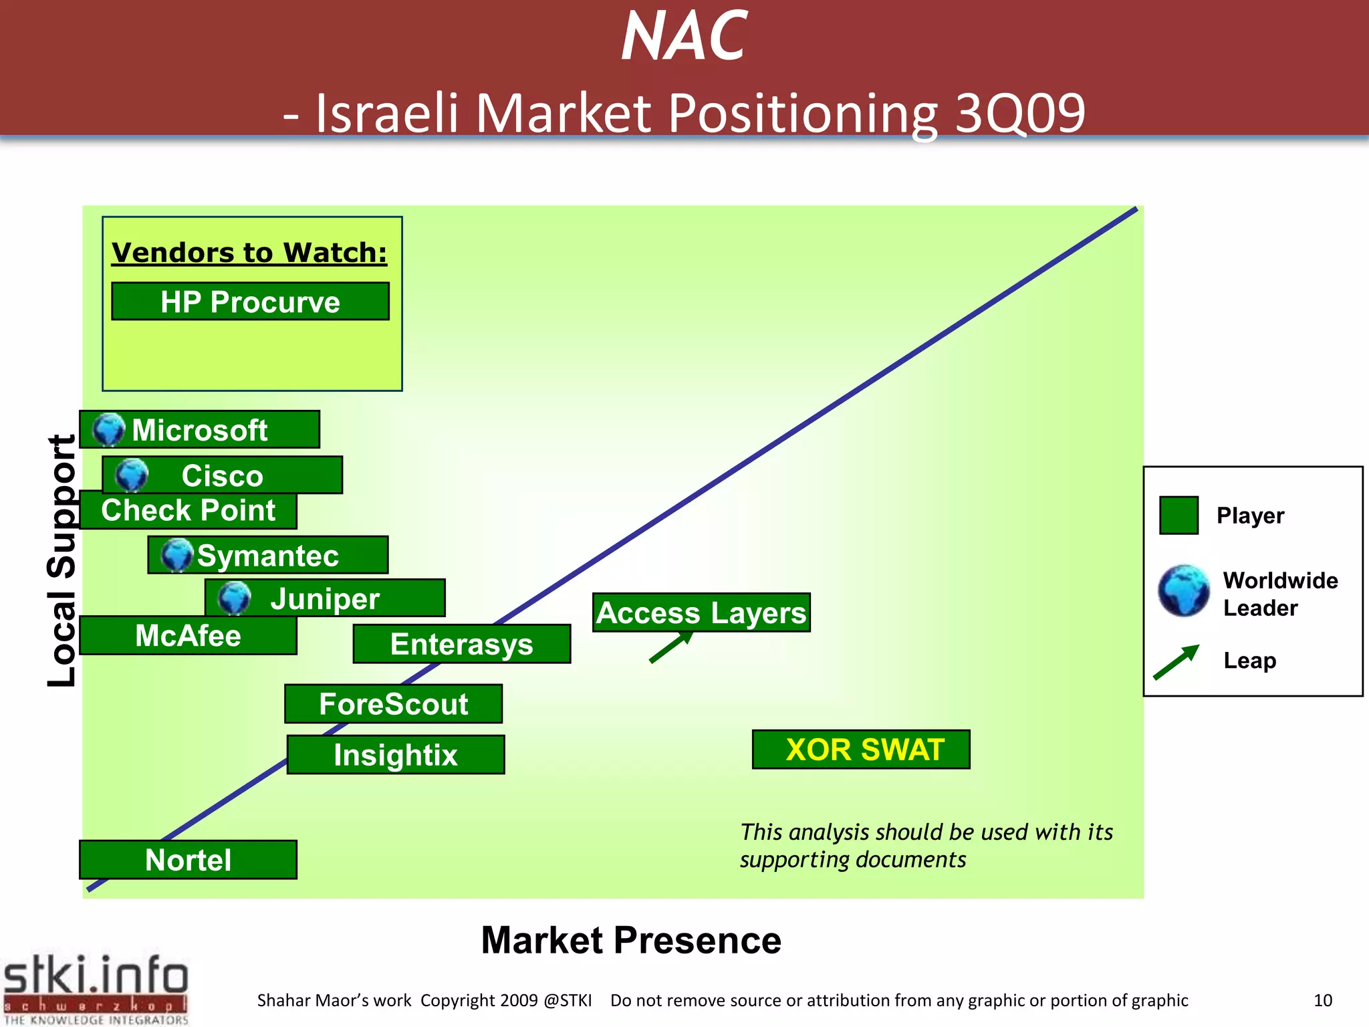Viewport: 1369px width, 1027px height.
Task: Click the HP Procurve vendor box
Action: [x=250, y=302]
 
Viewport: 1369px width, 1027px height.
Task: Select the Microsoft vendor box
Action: [x=199, y=430]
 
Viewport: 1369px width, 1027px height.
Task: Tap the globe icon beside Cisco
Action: [x=132, y=475]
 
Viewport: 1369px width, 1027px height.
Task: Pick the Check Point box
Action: [x=188, y=511]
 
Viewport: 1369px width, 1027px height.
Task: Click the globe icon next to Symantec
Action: [x=177, y=555]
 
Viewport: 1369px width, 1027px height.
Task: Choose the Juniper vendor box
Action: [x=325, y=598]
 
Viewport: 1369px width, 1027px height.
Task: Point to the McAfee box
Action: [x=188, y=635]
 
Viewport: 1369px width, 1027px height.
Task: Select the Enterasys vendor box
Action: [x=461, y=645]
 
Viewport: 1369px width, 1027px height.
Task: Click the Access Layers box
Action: [x=701, y=612]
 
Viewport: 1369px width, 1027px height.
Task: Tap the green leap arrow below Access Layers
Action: [x=670, y=647]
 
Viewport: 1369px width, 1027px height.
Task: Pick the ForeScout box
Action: [x=393, y=704]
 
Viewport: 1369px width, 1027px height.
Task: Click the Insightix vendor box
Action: [x=395, y=755]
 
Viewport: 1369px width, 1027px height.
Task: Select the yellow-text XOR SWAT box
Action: [x=861, y=750]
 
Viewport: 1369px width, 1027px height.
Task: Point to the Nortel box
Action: [x=188, y=860]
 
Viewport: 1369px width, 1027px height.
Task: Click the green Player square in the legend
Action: [x=1178, y=515]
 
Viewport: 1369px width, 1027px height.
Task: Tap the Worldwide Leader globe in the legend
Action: [x=1184, y=590]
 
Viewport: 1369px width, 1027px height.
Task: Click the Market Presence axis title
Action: [x=631, y=940]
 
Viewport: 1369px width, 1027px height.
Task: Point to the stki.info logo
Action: [x=96, y=988]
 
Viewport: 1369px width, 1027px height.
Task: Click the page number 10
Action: [x=1322, y=1000]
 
